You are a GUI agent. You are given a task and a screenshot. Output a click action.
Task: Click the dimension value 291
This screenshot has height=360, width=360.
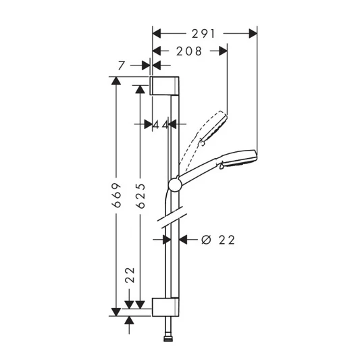(203, 32)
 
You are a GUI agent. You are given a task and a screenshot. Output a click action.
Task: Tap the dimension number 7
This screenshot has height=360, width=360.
(121, 66)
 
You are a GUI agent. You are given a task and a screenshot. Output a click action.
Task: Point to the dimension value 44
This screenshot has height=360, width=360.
(160, 124)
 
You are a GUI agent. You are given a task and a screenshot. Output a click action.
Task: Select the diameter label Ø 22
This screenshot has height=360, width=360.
(218, 240)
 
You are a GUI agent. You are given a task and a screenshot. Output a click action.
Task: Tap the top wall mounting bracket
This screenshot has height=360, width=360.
(165, 86)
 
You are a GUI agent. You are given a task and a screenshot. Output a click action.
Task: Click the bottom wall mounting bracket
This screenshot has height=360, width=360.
(165, 306)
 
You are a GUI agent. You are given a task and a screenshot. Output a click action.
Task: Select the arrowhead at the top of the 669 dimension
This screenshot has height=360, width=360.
(116, 82)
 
